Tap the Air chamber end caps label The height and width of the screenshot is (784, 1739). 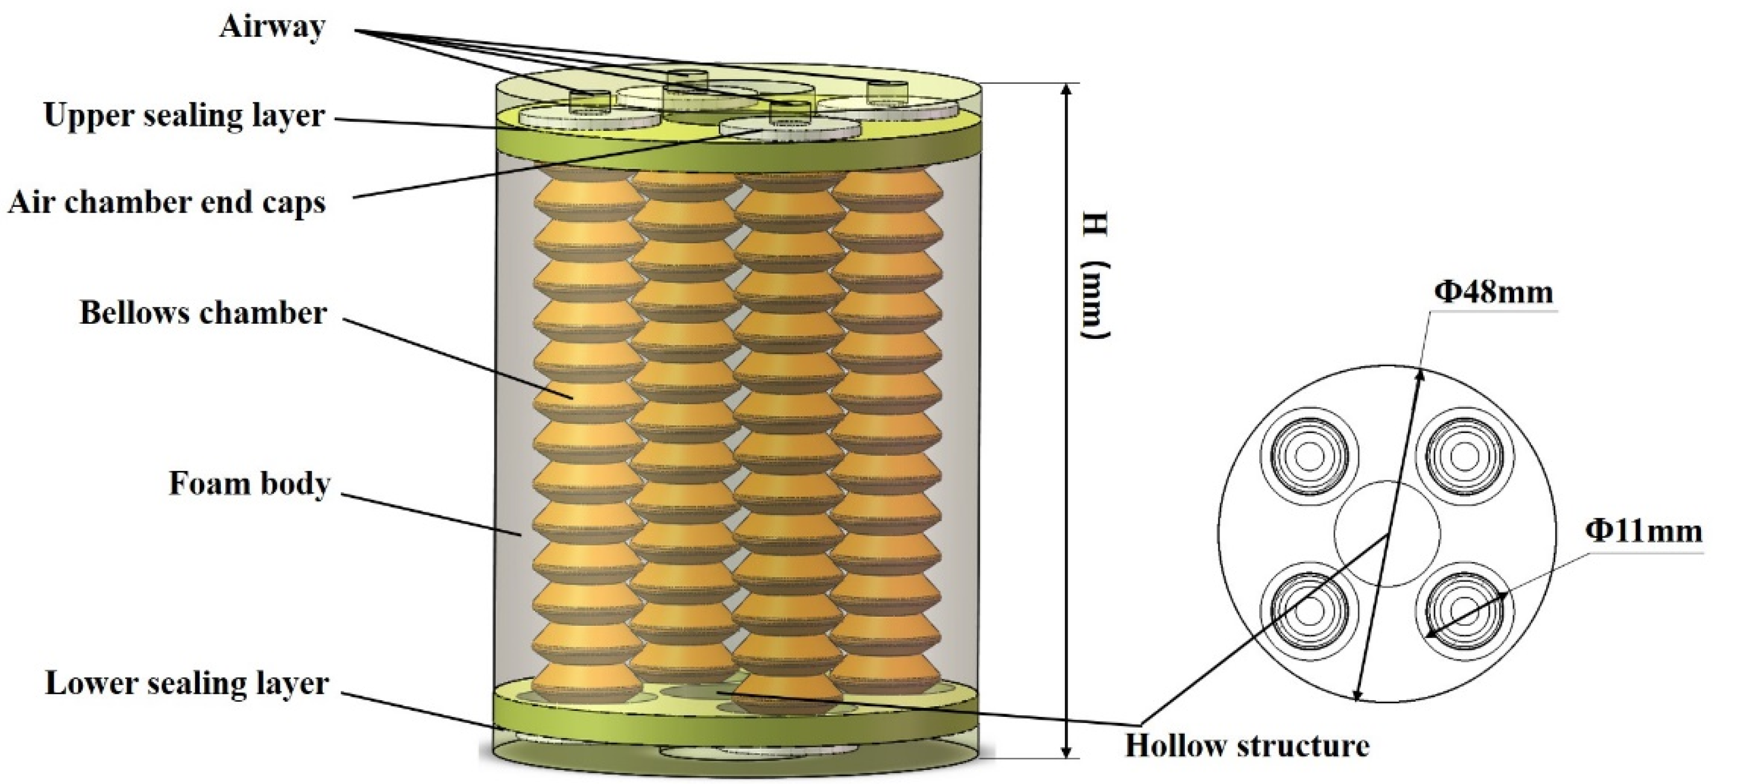(167, 202)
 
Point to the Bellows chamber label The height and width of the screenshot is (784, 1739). (203, 313)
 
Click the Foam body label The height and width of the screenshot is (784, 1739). (249, 484)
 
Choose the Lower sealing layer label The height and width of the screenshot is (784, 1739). (187, 683)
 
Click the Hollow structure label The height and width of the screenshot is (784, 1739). (1247, 745)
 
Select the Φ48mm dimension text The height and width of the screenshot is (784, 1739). (1494, 292)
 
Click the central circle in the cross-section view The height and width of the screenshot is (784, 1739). (1387, 533)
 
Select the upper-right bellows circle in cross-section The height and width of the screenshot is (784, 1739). (1463, 453)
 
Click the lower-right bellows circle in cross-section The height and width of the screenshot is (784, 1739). (1463, 611)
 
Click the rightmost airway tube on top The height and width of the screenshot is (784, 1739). (887, 92)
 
